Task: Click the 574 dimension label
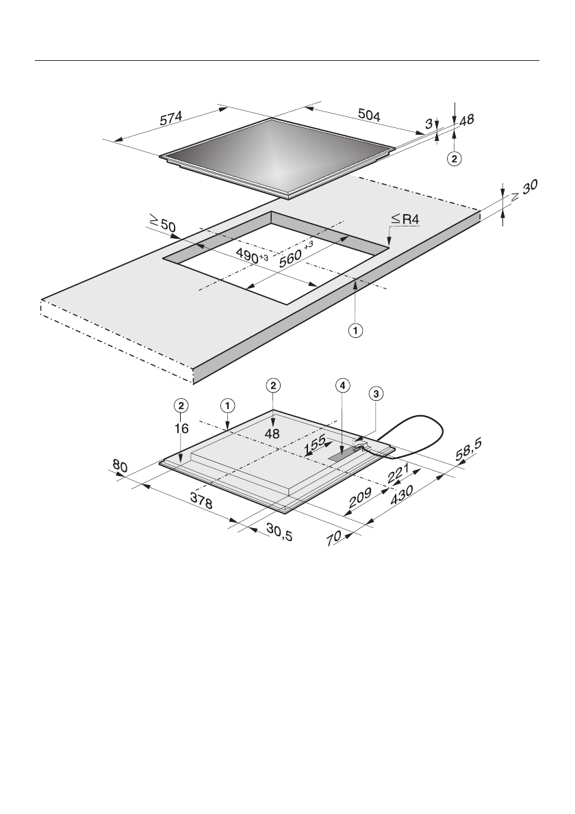tap(171, 118)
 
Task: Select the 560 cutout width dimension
tap(297, 253)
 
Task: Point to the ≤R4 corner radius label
tap(406, 220)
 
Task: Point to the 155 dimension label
tap(316, 445)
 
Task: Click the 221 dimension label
tap(398, 473)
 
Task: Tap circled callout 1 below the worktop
tap(355, 330)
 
